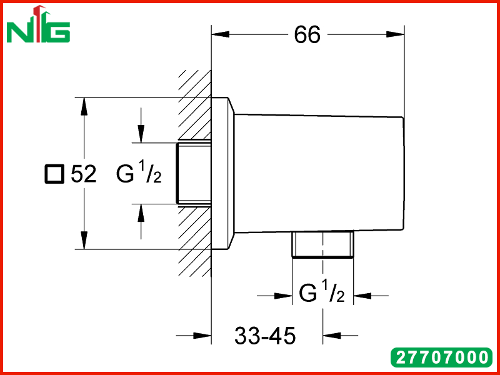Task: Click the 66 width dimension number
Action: point(307,35)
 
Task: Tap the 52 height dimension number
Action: point(84,174)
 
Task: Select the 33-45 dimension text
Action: point(265,336)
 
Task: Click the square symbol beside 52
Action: point(54,174)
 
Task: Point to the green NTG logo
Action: point(38,24)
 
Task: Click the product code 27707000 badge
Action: point(442,357)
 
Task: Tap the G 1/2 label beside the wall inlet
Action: point(139,172)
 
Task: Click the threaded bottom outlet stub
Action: point(322,243)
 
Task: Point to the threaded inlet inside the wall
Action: point(194,173)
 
